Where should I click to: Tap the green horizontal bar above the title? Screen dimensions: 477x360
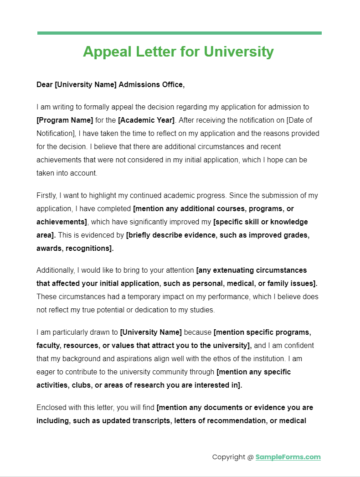coord(179,33)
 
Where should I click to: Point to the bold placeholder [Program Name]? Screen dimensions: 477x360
coord(65,120)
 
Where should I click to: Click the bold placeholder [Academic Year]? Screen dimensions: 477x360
coord(146,120)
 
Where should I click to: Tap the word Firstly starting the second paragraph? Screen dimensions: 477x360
coord(46,196)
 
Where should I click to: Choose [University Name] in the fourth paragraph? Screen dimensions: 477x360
coord(151,332)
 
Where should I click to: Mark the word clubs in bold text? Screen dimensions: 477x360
coord(81,385)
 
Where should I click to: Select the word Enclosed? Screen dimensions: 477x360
coord(51,408)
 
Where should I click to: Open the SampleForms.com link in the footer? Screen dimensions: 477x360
coord(288,457)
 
